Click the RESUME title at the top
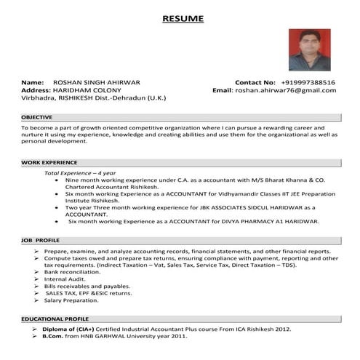click(183, 18)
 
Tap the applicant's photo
click(309, 49)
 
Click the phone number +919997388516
click(308, 82)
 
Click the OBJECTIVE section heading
click(36, 116)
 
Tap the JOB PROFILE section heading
click(41, 239)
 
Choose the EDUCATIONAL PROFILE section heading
click(55, 319)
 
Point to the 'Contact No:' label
click(255, 82)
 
